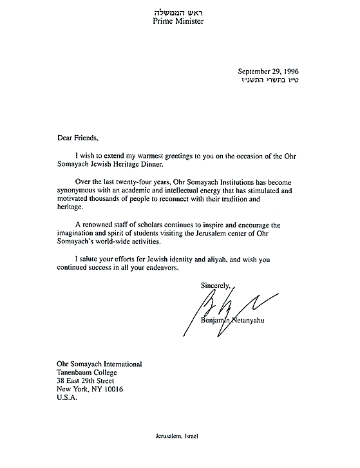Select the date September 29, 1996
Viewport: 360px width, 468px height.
pyautogui.click(x=268, y=71)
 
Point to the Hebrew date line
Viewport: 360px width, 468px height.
pyautogui.click(x=269, y=82)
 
